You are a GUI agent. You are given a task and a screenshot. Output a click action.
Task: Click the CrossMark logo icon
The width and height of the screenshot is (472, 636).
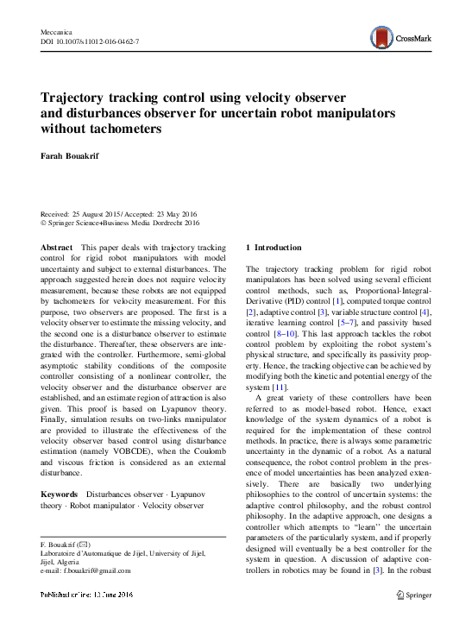tap(381, 37)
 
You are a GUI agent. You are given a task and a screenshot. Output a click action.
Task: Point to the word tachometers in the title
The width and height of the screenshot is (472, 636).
tap(120, 129)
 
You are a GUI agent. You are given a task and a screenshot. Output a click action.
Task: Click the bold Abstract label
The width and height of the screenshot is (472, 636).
tap(57, 248)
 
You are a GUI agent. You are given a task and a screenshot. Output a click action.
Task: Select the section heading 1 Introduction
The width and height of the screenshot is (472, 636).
tap(274, 248)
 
